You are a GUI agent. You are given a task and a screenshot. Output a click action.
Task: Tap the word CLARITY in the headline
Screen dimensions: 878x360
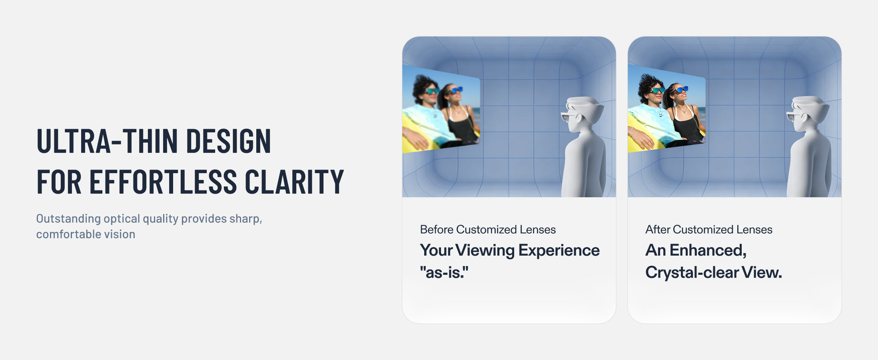coord(294,182)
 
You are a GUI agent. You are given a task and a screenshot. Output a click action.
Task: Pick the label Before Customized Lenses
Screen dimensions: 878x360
coord(488,230)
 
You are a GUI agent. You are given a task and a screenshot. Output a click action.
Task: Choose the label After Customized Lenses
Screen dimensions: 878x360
coord(709,230)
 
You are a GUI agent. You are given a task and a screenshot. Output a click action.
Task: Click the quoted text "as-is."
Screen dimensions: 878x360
coord(444,272)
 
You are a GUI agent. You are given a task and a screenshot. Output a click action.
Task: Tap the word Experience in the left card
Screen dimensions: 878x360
coord(559,251)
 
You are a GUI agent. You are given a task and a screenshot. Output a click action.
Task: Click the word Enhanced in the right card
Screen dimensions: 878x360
coord(708,250)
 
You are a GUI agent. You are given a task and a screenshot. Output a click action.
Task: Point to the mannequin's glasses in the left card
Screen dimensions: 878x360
coord(568,117)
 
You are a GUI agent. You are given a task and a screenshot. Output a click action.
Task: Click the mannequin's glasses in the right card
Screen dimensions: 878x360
coord(794,117)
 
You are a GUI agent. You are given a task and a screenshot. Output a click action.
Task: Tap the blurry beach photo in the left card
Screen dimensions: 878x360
coord(441,109)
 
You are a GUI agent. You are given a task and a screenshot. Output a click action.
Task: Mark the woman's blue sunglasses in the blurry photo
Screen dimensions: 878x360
coord(456,90)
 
